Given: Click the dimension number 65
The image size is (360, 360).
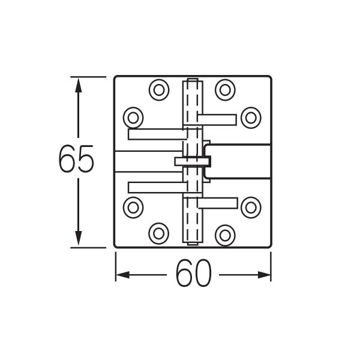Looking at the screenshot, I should point(76,160).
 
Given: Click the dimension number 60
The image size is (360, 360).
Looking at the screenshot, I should point(194,275).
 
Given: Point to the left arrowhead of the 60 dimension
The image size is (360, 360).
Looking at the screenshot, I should point(122,275).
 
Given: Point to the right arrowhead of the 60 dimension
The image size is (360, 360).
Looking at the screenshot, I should point(264,275).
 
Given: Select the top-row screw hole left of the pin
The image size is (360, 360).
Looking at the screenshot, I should point(159,90).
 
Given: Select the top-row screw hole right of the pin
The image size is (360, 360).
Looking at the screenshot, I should point(225,90).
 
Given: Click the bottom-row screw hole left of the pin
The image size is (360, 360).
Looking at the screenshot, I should point(159,233).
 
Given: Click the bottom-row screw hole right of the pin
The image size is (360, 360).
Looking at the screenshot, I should point(225,233).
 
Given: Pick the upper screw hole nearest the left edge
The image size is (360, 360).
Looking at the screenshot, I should point(133,116).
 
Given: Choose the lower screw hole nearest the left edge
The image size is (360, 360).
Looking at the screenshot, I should point(133,207).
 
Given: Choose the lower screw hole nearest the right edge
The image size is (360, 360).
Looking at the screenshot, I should point(251,207).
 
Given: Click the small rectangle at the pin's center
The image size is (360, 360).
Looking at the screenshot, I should point(192,161).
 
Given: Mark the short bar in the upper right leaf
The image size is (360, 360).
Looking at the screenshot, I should point(217,119).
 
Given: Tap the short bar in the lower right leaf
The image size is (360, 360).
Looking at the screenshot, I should point(217,203).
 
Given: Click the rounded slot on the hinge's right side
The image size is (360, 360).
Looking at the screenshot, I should point(237,161).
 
